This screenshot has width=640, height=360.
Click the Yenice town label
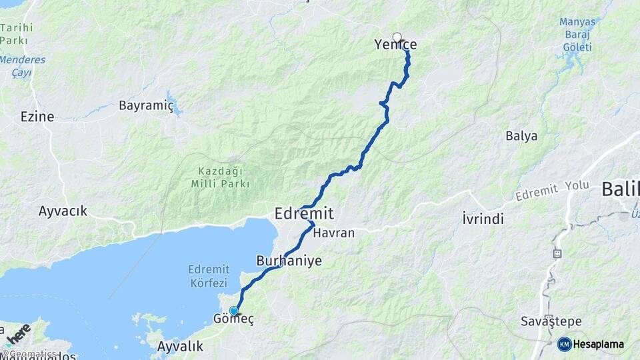pyautogui.click(x=395, y=45)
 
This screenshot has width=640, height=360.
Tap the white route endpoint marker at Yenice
pyautogui.click(x=397, y=37)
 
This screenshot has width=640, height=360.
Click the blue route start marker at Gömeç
pyautogui.click(x=234, y=311)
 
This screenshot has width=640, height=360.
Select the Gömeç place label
pyautogui.click(x=233, y=320)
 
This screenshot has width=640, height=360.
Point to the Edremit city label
pyautogui.click(x=304, y=213)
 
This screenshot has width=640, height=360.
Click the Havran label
pyautogui.click(x=333, y=233)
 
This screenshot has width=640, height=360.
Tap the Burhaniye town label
pyautogui.click(x=289, y=261)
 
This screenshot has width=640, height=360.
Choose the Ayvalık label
pyautogui.click(x=179, y=347)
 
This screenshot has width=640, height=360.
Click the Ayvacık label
pyautogui.click(x=63, y=211)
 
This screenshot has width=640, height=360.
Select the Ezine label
pyautogui.click(x=37, y=117)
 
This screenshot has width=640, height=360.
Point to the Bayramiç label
pyautogui.click(x=146, y=105)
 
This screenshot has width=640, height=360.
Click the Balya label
pyautogui.click(x=521, y=136)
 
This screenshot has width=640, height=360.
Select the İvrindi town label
pyautogui.click(x=483, y=219)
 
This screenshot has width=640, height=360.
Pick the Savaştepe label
pyautogui.click(x=547, y=322)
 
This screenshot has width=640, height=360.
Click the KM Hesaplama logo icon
pyautogui.click(x=564, y=344)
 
